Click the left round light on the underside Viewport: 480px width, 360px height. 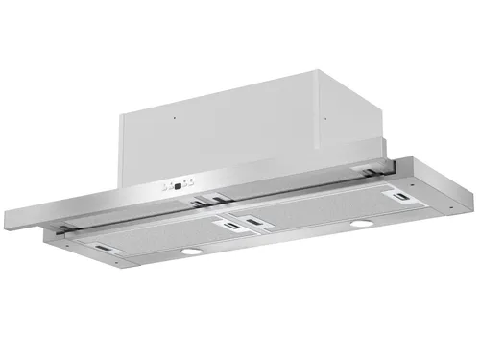(x=191, y=252)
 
